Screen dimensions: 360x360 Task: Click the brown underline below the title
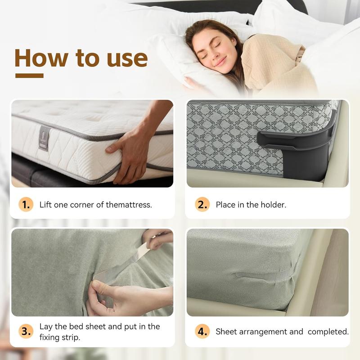(x=29, y=76)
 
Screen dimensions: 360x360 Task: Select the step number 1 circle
(x=26, y=204)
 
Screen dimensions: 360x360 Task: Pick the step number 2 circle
(x=202, y=204)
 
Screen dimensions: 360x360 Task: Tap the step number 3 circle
(x=26, y=332)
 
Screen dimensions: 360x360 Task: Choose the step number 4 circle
(x=202, y=332)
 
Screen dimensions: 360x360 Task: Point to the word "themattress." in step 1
(x=129, y=205)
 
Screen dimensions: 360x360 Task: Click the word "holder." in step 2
(x=274, y=205)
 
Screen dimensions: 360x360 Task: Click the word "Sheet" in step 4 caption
(x=226, y=332)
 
